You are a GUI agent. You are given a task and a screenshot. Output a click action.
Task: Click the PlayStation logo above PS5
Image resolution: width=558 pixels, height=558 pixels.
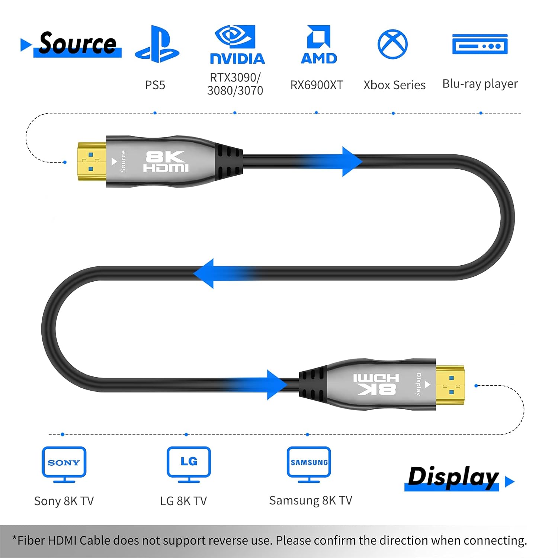click(x=157, y=44)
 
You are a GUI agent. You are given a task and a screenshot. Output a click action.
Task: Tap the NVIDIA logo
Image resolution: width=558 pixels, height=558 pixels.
click(x=237, y=45)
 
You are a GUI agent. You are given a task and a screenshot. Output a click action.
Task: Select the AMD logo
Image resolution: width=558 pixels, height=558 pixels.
click(x=319, y=44)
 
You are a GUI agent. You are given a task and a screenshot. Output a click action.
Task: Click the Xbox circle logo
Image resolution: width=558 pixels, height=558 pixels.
click(x=392, y=44)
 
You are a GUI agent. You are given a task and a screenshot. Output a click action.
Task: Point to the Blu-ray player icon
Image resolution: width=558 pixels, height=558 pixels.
click(x=480, y=44)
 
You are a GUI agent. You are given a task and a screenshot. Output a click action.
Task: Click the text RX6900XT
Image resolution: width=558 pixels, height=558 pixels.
click(x=317, y=85)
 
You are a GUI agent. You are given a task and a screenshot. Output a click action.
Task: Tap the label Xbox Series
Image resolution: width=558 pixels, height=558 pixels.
click(x=394, y=85)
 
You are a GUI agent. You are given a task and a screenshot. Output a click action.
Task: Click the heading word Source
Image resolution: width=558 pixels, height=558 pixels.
click(x=78, y=43)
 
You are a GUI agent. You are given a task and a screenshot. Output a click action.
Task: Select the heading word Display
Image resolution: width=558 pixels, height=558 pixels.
click(x=453, y=477)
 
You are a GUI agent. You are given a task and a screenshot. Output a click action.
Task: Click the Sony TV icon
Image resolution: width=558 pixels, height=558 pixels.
click(x=64, y=464)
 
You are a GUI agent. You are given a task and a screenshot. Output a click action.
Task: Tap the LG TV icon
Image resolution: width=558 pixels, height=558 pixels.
click(x=189, y=464)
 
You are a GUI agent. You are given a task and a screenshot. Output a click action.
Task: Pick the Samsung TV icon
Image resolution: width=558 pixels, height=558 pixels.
click(x=309, y=464)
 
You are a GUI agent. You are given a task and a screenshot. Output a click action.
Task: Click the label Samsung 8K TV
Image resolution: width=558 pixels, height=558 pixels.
click(x=311, y=500)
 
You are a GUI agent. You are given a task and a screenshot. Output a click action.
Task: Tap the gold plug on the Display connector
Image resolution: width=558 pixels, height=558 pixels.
click(x=450, y=385)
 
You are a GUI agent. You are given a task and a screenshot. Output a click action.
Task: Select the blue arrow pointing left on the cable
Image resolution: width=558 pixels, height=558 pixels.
click(x=223, y=273)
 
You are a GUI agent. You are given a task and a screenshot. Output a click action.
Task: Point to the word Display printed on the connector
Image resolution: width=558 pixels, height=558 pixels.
click(x=418, y=384)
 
